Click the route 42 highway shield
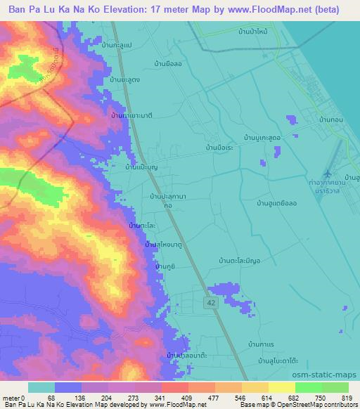point(211,301)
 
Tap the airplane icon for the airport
point(327,173)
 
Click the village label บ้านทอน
point(330,121)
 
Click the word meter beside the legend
point(11,397)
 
